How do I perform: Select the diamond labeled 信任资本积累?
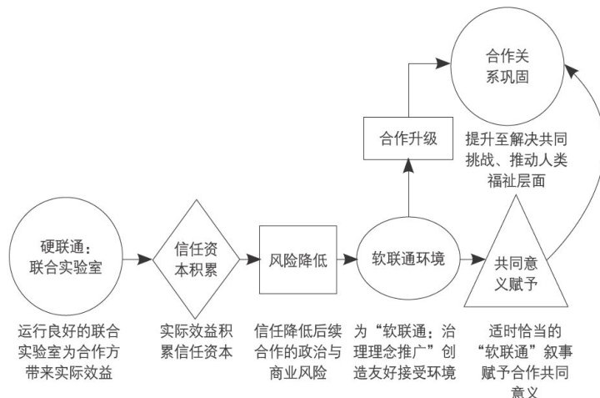click(197, 259)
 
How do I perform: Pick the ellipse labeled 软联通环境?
click(407, 258)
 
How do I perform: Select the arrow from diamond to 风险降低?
click(248, 259)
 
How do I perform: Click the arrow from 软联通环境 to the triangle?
click(468, 258)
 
